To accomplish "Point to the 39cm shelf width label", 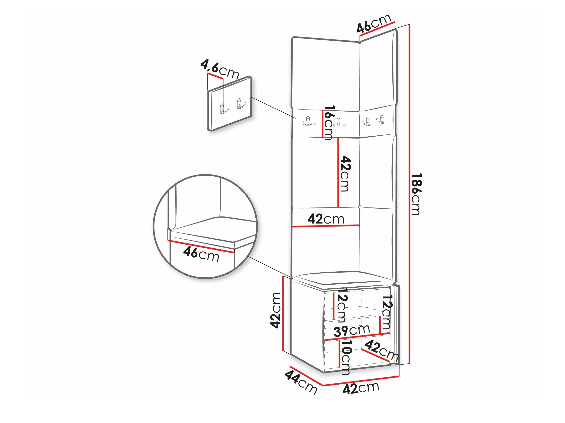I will pyautogui.click(x=352, y=330).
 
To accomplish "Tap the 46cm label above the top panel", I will pyautogui.click(x=374, y=23).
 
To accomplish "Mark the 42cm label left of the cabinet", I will pyautogui.click(x=276, y=310).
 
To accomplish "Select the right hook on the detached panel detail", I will pyautogui.click(x=62, y=104).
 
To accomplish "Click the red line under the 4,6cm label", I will pyautogui.click(x=216, y=76).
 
